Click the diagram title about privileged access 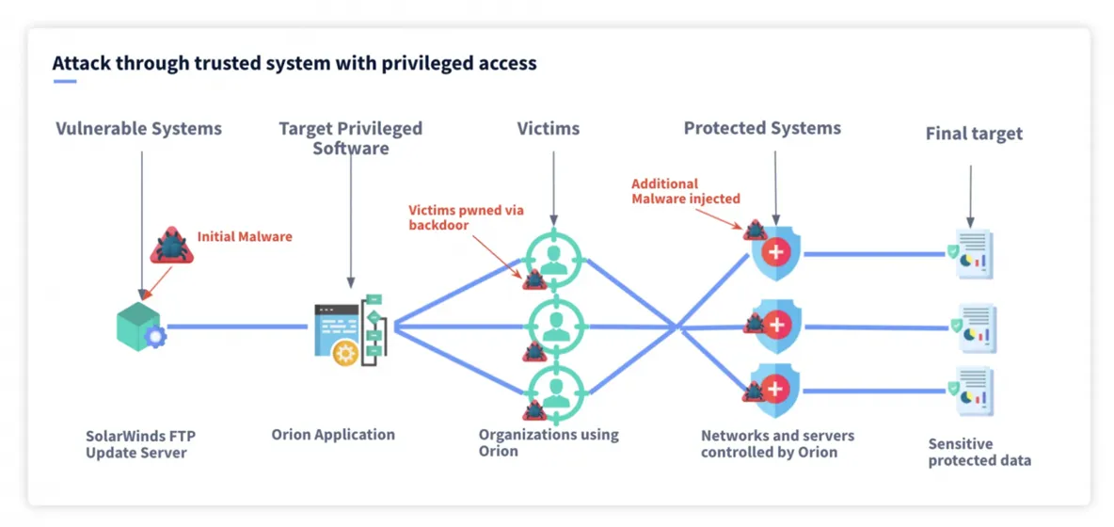click(294, 64)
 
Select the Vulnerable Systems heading click(138, 128)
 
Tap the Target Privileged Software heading click(350, 137)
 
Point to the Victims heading click(548, 128)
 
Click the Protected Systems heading click(762, 128)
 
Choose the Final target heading click(973, 134)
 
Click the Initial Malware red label click(245, 236)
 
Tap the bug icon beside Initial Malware click(171, 246)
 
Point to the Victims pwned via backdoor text click(466, 217)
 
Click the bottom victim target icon click(554, 392)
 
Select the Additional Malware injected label click(685, 191)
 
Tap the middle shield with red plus click(776, 327)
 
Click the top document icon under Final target click(973, 254)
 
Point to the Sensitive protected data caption click(979, 452)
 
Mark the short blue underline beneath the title click(64, 82)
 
